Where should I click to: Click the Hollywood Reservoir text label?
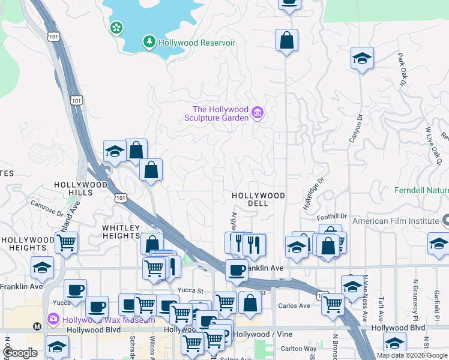[x=196, y=43]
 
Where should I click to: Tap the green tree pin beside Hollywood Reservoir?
[x=148, y=41]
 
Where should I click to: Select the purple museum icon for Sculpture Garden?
[x=258, y=112]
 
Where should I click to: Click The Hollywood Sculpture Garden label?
[x=220, y=113]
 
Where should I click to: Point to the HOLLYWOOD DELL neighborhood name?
[x=259, y=199]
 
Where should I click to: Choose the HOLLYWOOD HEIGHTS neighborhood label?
[x=24, y=244]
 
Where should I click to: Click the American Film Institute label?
[x=395, y=221]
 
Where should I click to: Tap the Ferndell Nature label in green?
[x=421, y=191]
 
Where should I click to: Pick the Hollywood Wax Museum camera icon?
[x=53, y=319]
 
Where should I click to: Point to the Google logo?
[x=20, y=352]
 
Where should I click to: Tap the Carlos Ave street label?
[x=294, y=306]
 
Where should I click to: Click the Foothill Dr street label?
[x=333, y=216]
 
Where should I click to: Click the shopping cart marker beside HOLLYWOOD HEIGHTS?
[x=66, y=242]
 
